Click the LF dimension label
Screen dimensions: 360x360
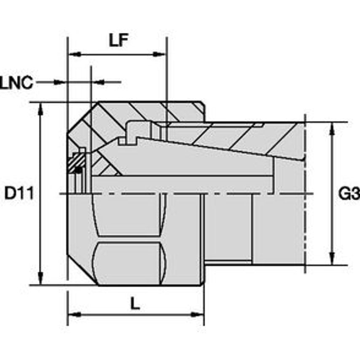click(118, 40)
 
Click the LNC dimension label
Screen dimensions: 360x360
click(16, 83)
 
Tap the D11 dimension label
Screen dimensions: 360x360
click(19, 193)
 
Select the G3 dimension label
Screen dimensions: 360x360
click(349, 193)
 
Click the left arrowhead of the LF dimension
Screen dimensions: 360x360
click(75, 54)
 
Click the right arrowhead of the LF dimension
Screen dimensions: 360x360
click(159, 54)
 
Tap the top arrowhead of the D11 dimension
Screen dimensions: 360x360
click(40, 109)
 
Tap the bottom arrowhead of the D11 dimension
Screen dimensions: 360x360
click(40, 279)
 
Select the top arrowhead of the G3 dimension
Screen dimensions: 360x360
click(331, 129)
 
